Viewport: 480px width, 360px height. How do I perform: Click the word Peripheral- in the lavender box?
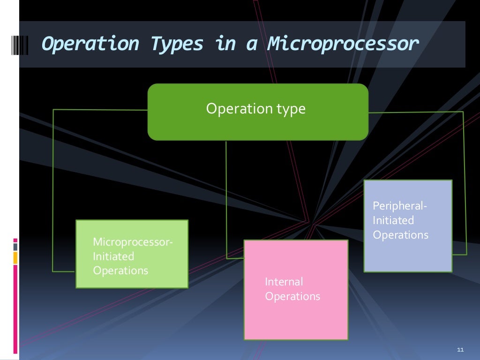click(x=400, y=206)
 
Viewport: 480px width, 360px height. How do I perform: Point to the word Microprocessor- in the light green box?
click(x=133, y=242)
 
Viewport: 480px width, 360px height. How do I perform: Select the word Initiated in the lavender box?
click(x=393, y=220)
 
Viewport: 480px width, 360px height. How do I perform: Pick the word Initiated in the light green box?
click(x=113, y=256)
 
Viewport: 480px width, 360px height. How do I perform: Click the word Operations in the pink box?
click(x=292, y=296)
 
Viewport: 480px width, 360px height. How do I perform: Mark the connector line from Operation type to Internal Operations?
click(x=226, y=197)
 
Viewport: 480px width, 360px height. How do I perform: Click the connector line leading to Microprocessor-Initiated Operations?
click(x=53, y=187)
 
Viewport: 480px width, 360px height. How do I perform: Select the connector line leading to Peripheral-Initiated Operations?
click(x=465, y=187)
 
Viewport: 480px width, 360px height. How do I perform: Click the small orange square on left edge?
click(x=15, y=257)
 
